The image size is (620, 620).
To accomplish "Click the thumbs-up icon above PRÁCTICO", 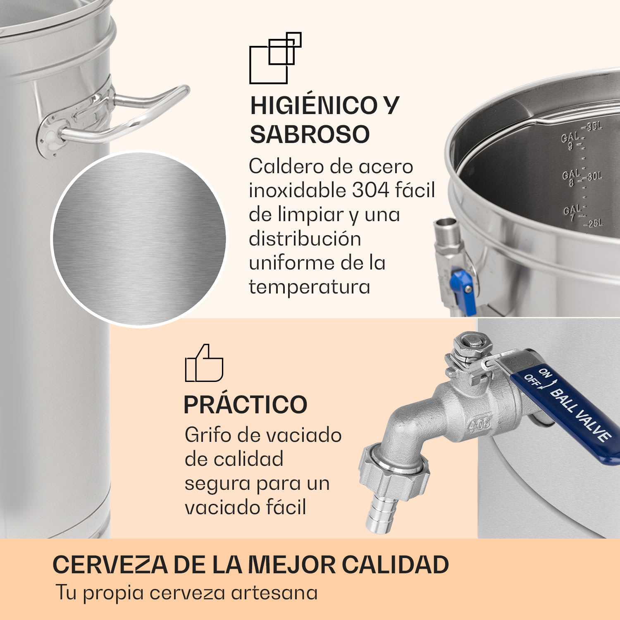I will pos(204,364).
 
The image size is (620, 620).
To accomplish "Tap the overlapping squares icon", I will pos(275,58).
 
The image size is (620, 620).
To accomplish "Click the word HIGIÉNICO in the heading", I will pos(313,105).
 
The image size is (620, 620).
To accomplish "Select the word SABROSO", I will pos(310,134).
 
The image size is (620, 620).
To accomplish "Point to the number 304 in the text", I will pos(371,191).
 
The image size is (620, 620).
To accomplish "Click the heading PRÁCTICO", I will pos(246,405).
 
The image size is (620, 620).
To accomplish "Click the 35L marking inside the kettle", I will pos(594,126).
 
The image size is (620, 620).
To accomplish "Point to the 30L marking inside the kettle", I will pos(595,176).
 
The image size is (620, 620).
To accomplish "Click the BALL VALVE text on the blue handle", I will pos(581,415).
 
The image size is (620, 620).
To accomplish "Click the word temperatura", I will pos(309,287).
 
